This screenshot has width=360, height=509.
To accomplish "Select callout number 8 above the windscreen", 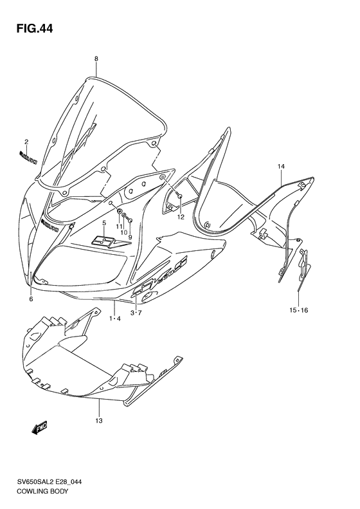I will point(96,59).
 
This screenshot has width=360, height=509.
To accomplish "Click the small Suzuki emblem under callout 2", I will point(28,155).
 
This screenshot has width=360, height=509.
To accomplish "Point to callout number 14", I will point(281,167).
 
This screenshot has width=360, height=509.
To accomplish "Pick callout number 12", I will point(181,217).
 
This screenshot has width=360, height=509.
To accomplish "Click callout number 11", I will point(119,227).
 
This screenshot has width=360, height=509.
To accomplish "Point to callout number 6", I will point(31,299).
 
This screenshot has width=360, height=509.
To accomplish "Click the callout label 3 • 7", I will point(136,313).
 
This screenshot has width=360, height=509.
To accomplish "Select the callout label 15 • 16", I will point(299,310).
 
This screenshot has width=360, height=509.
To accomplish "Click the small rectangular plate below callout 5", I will point(104,241).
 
